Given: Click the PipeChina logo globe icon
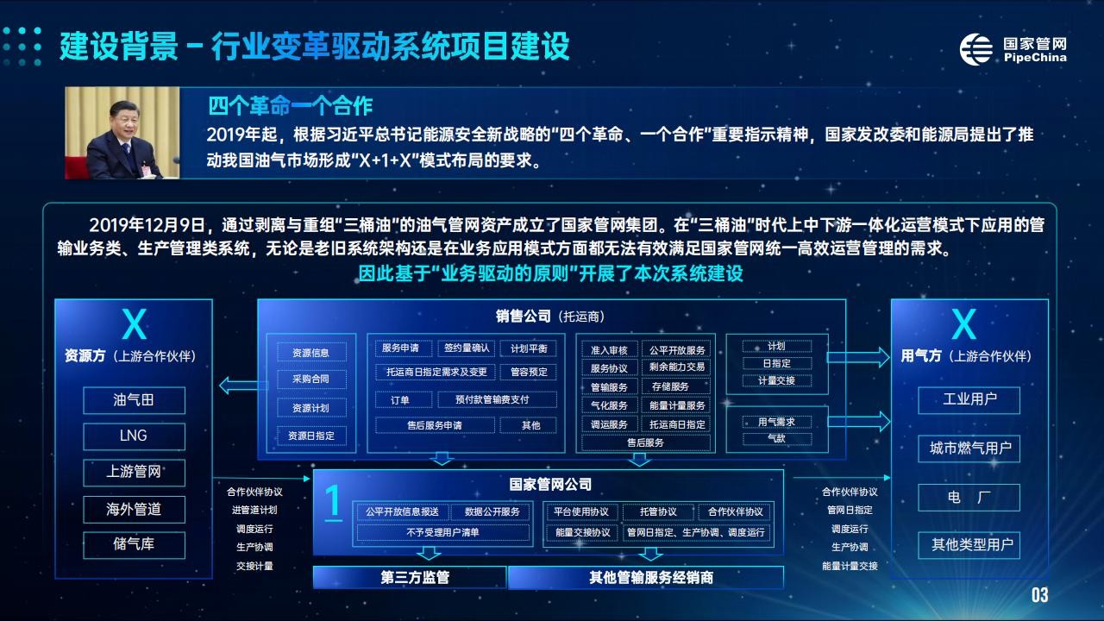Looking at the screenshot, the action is coord(975,49).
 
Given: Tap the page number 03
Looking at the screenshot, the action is coord(1039,595).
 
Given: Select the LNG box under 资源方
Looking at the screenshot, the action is coord(134,436).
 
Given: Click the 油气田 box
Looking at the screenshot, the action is coord(134,399).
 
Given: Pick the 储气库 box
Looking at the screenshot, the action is coord(134,544).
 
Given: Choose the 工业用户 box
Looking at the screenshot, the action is coord(969,399).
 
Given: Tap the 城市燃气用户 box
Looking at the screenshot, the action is coord(969,448).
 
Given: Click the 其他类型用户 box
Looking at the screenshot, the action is coord(969,545).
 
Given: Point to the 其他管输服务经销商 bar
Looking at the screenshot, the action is coord(646,577).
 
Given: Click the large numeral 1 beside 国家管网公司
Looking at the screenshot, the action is coord(333,502).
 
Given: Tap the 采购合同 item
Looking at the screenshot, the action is coord(311,379).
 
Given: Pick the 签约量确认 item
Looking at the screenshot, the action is coord(467,348).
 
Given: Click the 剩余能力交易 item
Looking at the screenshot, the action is coord(677,367).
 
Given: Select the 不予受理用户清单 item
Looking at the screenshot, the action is coord(442,533).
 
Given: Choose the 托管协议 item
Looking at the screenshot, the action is coord(658,512).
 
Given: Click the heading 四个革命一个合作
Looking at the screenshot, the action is coord(291,106).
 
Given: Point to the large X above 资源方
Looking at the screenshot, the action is coord(134,324).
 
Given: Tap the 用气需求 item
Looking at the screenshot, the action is coord(777,422).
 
